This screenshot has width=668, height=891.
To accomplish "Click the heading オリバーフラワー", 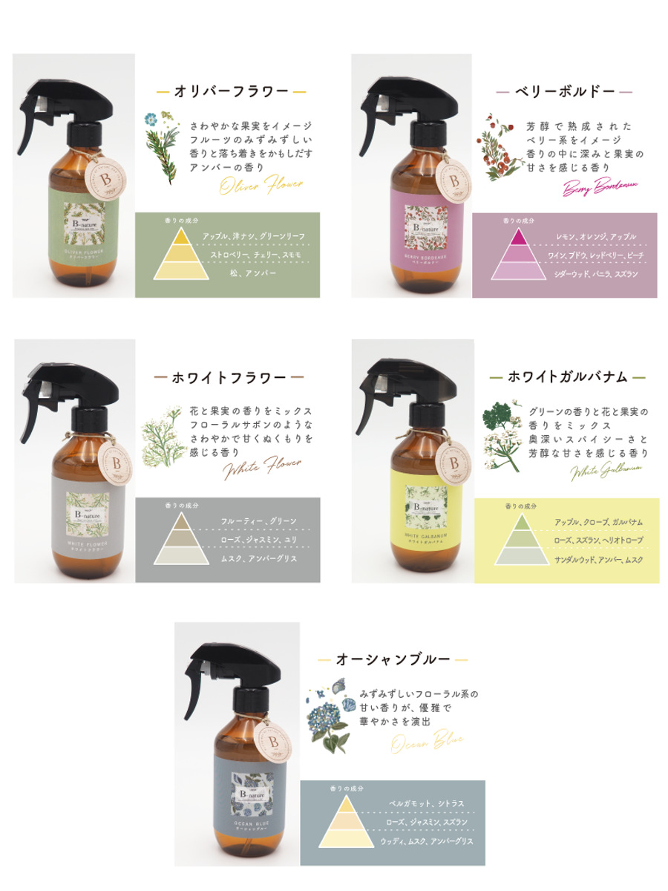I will [x=231, y=91].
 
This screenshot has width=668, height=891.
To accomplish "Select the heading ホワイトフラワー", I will [x=229, y=377].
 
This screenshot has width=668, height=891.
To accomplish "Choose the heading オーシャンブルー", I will [x=393, y=659].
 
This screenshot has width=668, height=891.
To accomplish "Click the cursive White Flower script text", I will [x=262, y=467].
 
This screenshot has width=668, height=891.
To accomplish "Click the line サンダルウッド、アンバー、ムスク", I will [x=598, y=558].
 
